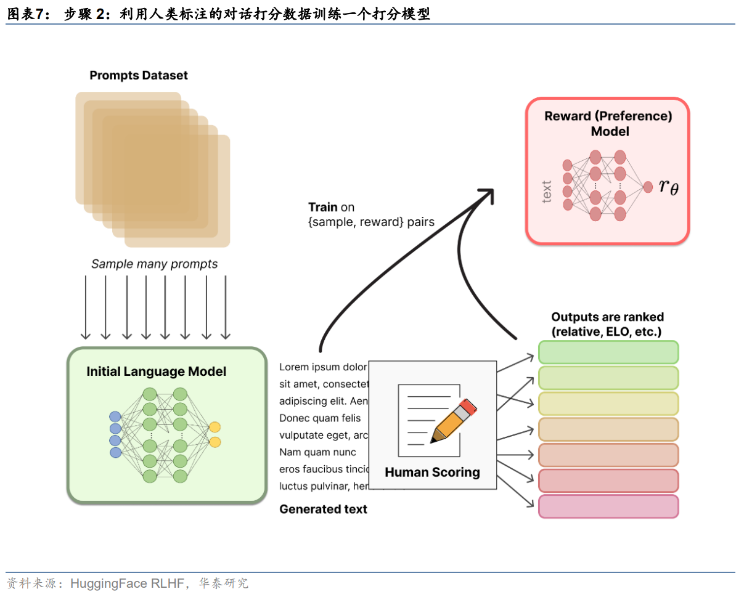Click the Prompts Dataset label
[139, 76]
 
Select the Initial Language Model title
[156, 372]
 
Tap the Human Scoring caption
[432, 473]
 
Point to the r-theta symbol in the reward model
[668, 186]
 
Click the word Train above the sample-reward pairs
[323, 207]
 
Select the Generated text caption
[323, 509]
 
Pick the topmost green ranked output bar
[608, 352]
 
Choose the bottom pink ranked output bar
[608, 506]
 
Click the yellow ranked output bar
[608, 404]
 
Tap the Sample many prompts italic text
[154, 264]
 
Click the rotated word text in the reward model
[546, 191]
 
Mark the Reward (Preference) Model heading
[608, 123]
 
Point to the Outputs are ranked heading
[607, 324]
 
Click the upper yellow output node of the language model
[215, 427]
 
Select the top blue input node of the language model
[115, 416]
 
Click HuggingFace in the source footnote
[108, 583]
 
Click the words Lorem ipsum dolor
[323, 367]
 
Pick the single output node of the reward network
[648, 187]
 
